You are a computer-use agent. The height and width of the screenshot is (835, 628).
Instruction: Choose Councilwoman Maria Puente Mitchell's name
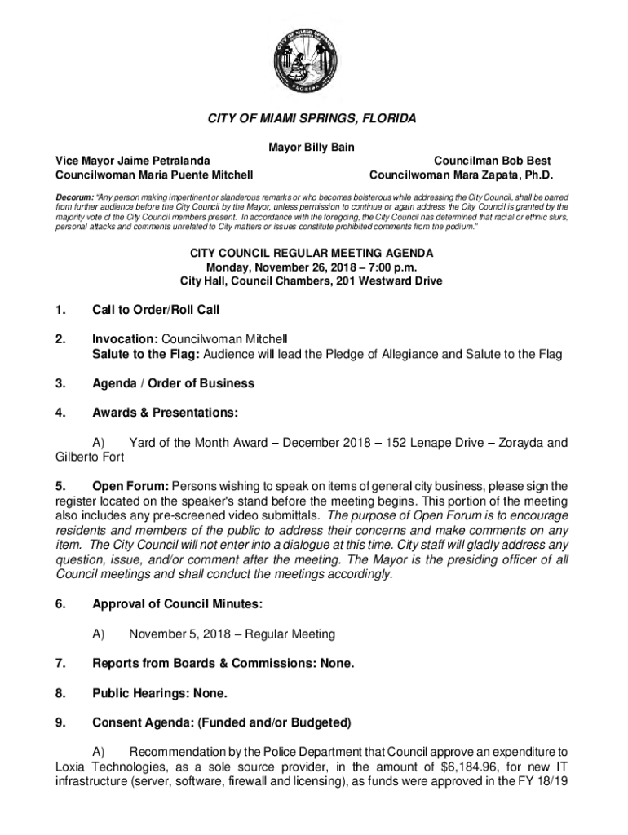(153, 175)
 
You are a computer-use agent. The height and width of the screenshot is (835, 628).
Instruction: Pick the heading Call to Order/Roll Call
(156, 310)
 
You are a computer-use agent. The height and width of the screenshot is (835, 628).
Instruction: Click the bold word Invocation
(125, 338)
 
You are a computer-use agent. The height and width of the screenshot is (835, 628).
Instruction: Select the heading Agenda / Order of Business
(173, 383)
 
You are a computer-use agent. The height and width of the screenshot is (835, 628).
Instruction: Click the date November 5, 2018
(178, 634)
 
